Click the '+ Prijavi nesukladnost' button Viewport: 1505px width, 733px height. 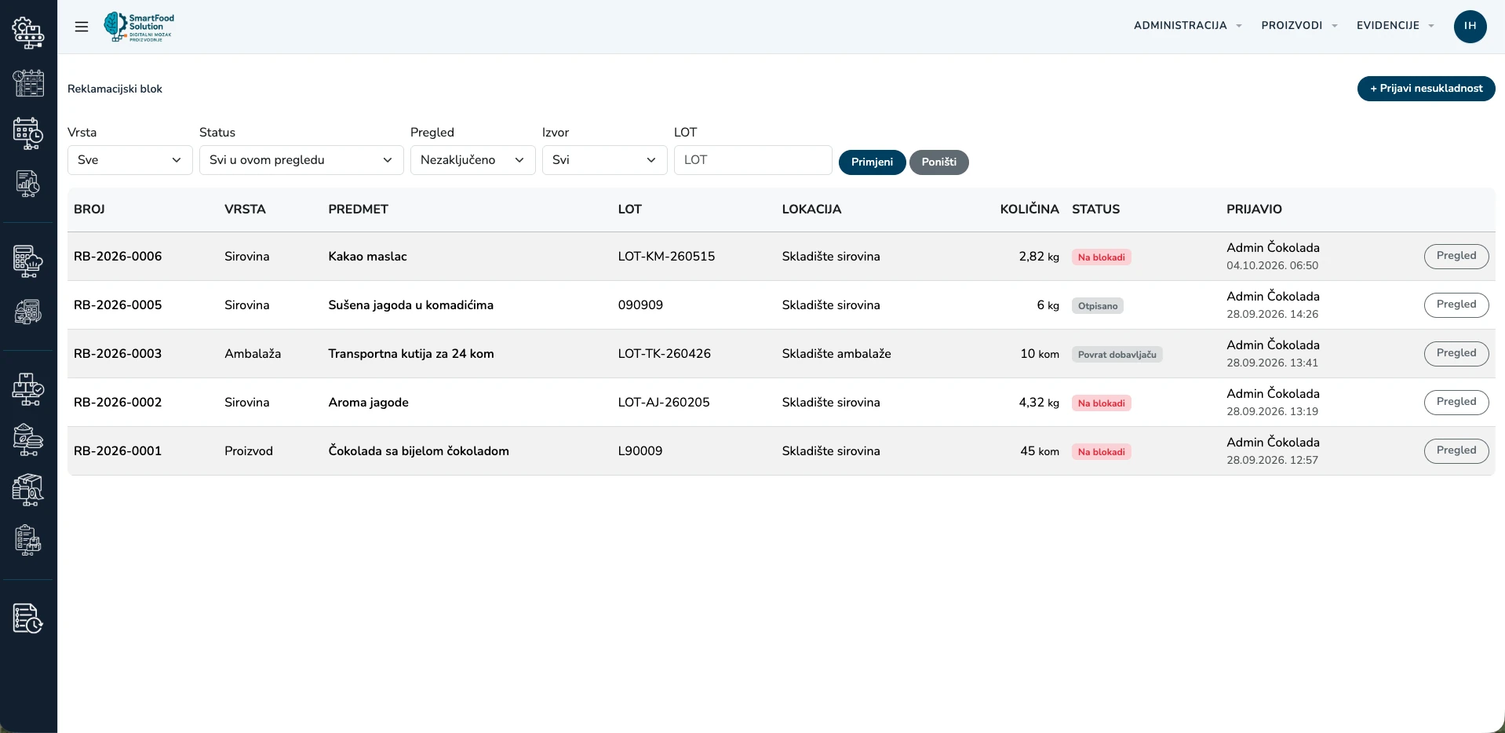tap(1426, 89)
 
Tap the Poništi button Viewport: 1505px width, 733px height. tap(938, 162)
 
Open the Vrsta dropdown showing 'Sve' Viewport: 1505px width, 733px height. tap(130, 160)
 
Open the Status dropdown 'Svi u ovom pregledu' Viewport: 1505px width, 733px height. tap(301, 160)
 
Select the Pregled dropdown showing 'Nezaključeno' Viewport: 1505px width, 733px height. tap(473, 160)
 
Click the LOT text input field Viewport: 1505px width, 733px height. tap(752, 160)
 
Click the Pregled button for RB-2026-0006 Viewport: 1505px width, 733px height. tap(1456, 257)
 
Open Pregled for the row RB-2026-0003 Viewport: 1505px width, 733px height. tap(1456, 354)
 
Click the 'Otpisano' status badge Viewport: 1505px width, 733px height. tap(1098, 306)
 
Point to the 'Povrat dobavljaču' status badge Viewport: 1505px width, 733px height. tap(1117, 355)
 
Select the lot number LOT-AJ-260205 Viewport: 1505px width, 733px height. tap(664, 403)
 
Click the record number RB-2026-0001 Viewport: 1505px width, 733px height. tap(118, 451)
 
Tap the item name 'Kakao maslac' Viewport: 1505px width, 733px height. tap(368, 257)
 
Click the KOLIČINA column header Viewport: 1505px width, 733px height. tap(1029, 210)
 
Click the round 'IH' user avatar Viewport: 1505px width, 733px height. tap(1470, 27)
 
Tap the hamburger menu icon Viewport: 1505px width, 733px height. tap(82, 27)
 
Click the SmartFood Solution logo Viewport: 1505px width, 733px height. tap(140, 27)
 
